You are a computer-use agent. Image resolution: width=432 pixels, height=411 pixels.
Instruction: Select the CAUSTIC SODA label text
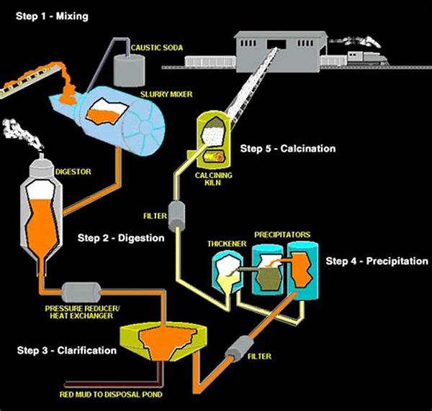[x=157, y=48]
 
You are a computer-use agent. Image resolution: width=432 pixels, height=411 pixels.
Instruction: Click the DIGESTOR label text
[x=69, y=172]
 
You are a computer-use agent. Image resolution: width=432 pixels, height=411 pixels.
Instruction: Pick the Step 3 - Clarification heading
[x=66, y=351]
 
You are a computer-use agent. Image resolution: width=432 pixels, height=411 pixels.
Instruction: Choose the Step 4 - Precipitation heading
[x=377, y=261]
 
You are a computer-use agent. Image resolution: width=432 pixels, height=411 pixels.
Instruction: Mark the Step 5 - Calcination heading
[x=288, y=149]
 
